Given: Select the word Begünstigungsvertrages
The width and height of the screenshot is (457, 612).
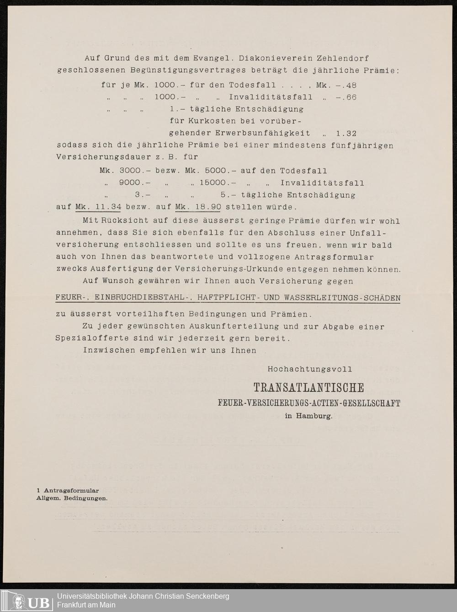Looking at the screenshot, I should (188, 70).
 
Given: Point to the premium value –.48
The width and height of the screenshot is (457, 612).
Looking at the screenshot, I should (346, 85).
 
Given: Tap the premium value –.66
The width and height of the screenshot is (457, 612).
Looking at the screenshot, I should (346, 97).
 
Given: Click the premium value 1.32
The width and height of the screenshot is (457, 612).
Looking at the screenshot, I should (346, 134).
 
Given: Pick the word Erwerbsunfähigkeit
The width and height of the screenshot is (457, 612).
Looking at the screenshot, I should (239, 134).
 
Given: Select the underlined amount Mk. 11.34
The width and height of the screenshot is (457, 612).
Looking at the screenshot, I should (98, 207).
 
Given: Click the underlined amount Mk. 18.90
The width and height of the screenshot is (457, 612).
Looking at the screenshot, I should (198, 207).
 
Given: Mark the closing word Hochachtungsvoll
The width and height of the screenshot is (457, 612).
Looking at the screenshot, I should (310, 369).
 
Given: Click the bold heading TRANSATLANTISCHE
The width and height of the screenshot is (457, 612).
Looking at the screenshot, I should (309, 388).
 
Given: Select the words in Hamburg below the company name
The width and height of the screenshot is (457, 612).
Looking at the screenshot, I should (308, 416).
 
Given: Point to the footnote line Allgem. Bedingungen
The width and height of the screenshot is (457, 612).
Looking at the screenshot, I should (72, 498).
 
